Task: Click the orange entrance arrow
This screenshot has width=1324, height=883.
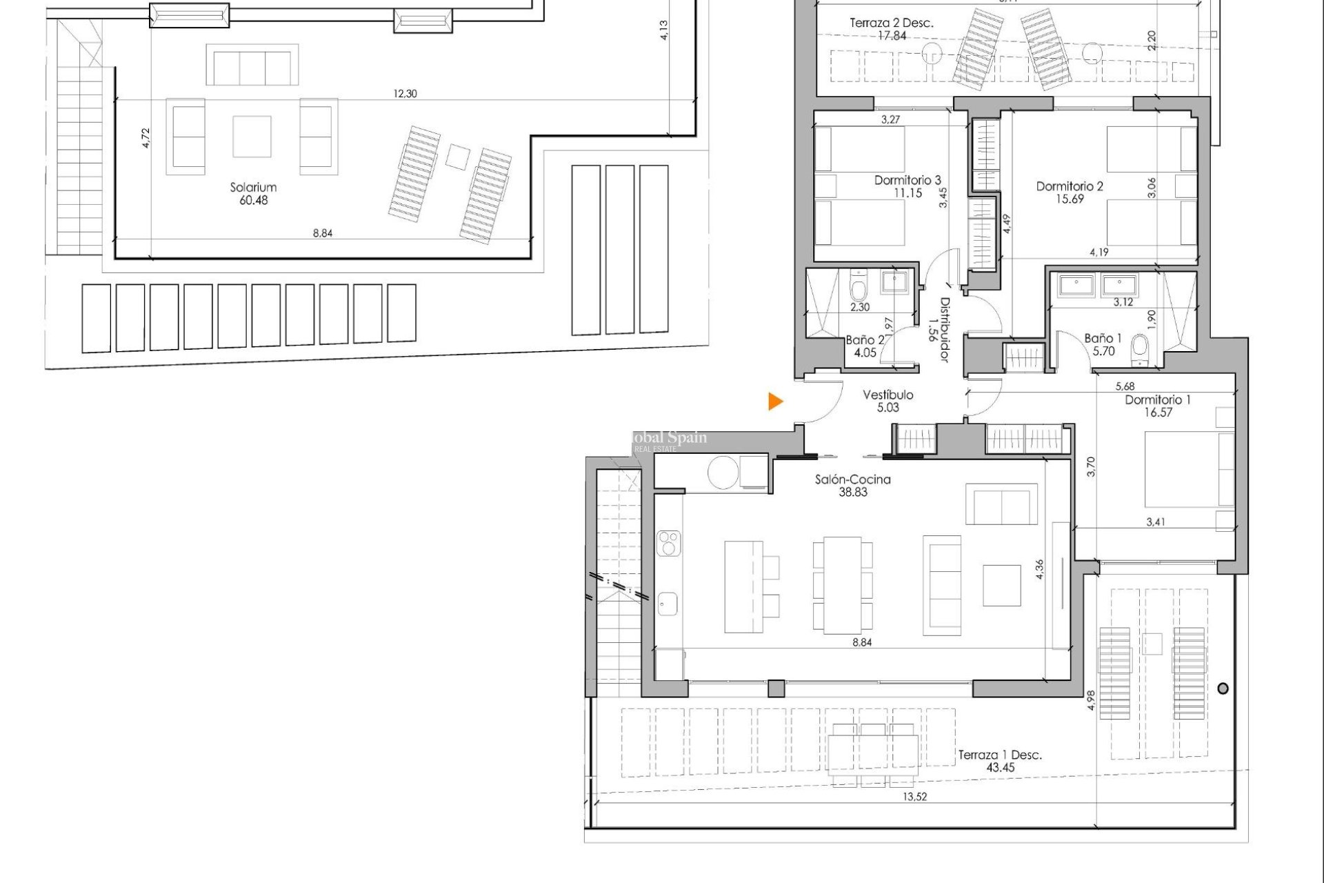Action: click(x=776, y=401)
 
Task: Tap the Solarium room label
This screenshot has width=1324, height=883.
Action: click(x=253, y=187)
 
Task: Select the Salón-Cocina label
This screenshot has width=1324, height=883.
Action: click(x=852, y=479)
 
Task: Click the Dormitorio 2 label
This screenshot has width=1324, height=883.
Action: click(x=1070, y=186)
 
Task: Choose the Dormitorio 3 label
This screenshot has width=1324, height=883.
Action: click(x=907, y=181)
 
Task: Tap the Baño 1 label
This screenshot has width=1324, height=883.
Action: click(x=1099, y=338)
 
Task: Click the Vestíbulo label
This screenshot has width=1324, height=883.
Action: click(x=888, y=395)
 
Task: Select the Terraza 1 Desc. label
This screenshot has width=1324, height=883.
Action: click(x=999, y=755)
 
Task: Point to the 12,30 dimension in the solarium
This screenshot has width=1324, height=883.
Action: click(x=405, y=94)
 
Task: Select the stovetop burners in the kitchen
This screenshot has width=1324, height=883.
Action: click(x=668, y=543)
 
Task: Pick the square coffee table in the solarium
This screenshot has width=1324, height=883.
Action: click(x=252, y=137)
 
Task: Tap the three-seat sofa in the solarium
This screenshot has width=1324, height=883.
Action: click(x=252, y=66)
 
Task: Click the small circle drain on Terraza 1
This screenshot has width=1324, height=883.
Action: click(x=1223, y=688)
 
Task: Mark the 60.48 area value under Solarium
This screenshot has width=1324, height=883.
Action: click(x=253, y=200)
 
